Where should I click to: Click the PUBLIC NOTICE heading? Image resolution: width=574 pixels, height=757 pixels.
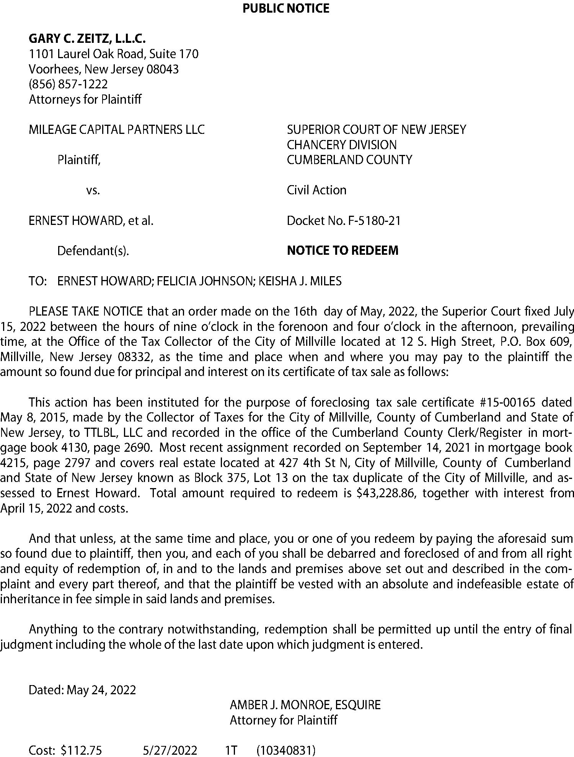point(286,8)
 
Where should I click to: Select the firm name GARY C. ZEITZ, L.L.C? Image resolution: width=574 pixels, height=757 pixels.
point(87,39)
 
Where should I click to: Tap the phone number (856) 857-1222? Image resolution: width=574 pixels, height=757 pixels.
point(68,84)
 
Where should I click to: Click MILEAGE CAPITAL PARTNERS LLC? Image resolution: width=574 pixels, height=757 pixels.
point(117,130)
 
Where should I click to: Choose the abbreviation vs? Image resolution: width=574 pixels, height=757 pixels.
point(93,190)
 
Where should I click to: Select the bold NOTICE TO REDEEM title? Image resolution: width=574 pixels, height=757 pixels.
point(342,251)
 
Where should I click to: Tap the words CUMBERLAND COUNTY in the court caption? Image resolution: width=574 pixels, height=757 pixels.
point(349,160)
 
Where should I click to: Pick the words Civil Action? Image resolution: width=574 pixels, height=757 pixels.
point(316,190)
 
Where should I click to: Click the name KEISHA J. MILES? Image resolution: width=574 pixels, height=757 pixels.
point(300,281)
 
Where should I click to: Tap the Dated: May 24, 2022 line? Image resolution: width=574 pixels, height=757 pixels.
point(82,690)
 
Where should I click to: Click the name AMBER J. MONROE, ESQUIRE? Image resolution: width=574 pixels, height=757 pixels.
point(305,705)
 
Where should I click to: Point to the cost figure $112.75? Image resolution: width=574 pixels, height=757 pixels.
point(81,750)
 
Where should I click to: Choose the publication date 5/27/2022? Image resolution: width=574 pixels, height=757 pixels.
point(170,750)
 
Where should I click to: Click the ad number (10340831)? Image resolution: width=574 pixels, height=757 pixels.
point(286,750)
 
